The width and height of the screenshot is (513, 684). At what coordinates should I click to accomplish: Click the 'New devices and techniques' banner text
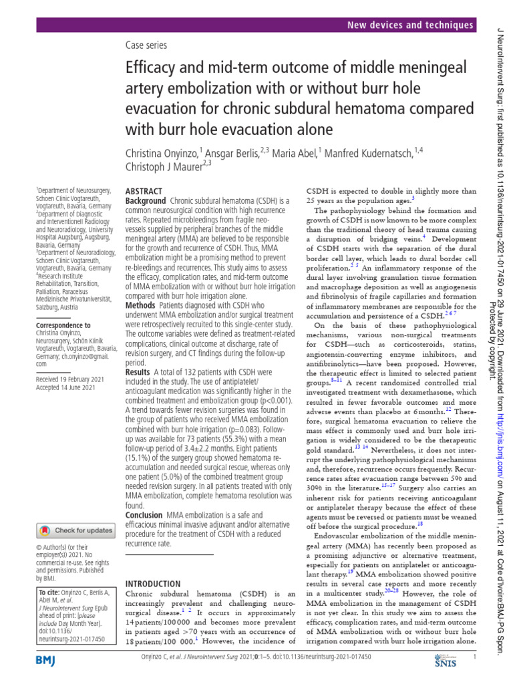pos(410,25)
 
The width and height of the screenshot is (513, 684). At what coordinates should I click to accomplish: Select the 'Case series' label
pos(146,45)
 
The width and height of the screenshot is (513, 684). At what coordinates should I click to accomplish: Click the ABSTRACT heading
pos(144,191)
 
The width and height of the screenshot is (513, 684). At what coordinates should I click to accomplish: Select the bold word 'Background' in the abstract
pos(146,201)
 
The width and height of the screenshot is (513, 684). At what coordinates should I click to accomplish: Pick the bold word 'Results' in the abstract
pos(138,371)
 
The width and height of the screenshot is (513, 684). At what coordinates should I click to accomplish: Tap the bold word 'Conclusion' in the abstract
pos(144,516)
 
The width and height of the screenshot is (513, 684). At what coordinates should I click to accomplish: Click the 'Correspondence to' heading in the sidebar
pos(63,325)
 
